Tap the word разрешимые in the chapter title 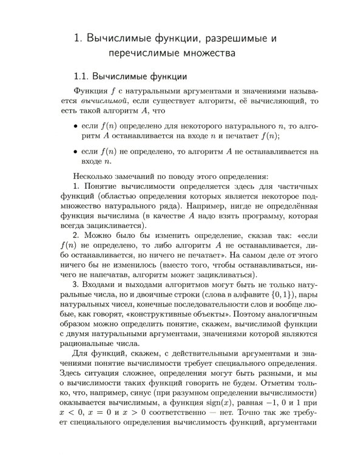click(x=230, y=38)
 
